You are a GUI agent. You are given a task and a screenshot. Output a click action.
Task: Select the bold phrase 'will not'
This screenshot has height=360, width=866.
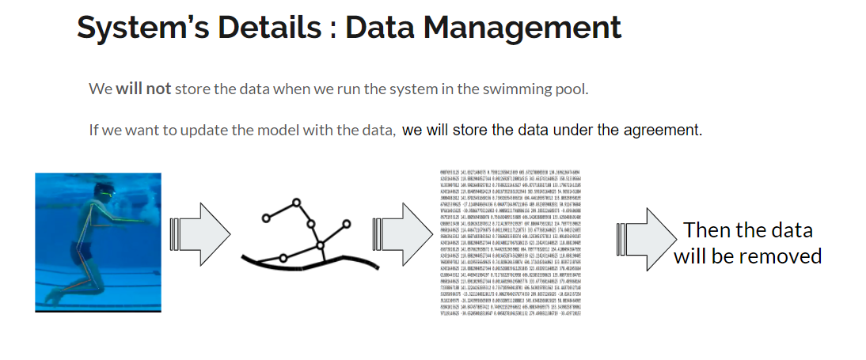tap(143, 89)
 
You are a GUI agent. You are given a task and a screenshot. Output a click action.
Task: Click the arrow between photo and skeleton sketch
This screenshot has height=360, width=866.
tap(196, 242)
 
